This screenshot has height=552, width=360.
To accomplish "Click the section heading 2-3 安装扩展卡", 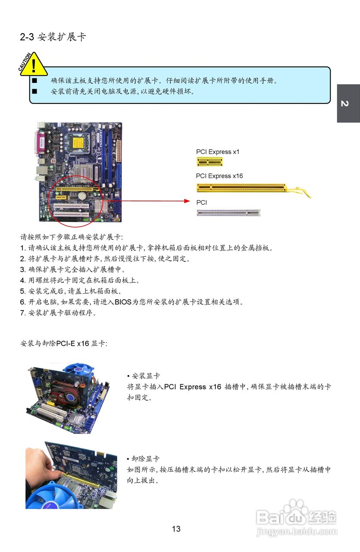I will coord(53,37).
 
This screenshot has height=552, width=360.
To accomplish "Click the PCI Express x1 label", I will coord(217,152).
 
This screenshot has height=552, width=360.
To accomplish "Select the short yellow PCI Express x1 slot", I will coord(210,162).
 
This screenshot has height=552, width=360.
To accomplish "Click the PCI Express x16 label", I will coord(219,176).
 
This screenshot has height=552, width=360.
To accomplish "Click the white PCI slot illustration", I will coord(228,212).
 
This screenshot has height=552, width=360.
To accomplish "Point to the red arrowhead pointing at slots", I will coord(186,201).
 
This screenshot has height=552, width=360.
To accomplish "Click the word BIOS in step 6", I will coord(123,302).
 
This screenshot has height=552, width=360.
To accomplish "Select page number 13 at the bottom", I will coord(176,529).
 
